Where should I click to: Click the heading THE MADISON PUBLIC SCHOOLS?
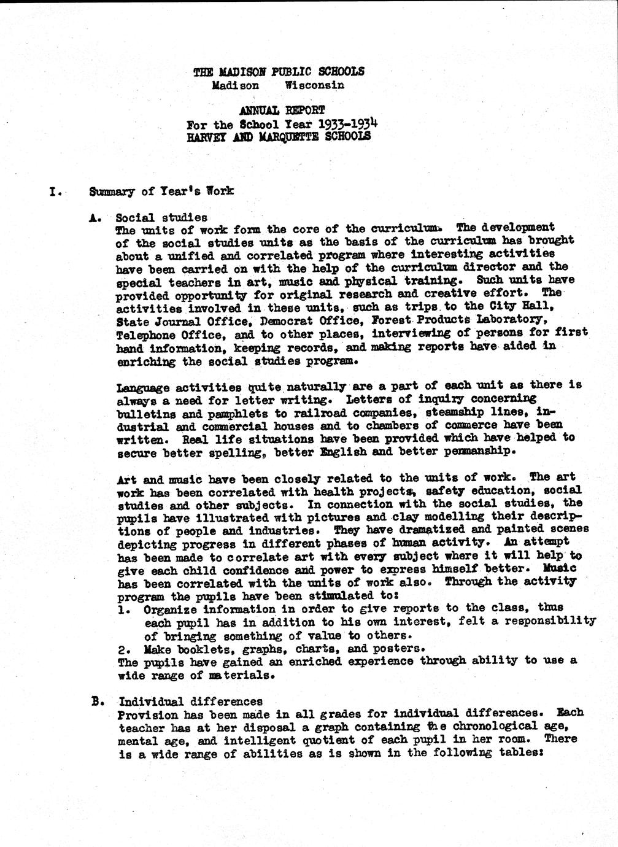click(278, 71)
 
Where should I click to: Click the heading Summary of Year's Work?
click(161, 191)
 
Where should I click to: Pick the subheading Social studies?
click(161, 217)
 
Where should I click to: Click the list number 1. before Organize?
click(124, 609)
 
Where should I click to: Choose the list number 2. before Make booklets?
click(124, 648)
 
